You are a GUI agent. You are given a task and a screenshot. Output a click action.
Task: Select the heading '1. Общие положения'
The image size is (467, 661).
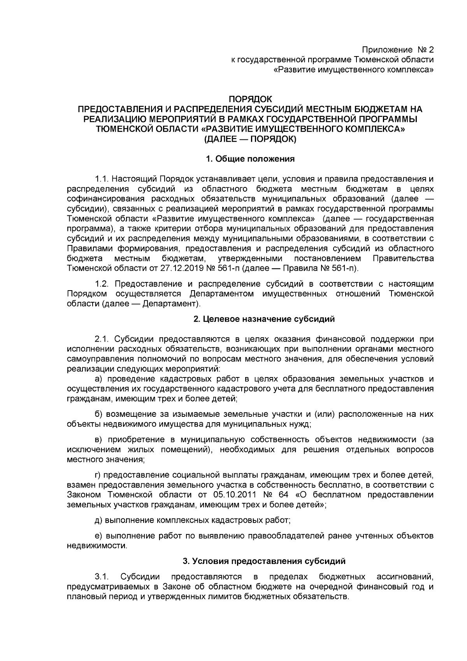pyautogui.click(x=250, y=159)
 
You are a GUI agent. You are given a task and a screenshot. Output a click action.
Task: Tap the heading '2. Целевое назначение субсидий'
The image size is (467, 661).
pyautogui.click(x=264, y=319)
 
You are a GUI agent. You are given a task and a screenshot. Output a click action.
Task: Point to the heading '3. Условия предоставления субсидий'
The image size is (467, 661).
pyautogui.click(x=264, y=561)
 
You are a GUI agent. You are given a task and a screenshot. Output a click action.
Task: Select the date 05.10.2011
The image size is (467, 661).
pyautogui.click(x=233, y=495)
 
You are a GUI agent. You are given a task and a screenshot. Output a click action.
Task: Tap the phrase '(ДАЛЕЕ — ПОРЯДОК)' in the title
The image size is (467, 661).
pyautogui.click(x=250, y=139)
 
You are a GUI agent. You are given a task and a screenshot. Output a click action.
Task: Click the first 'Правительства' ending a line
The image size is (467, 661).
pyautogui.click(x=403, y=259)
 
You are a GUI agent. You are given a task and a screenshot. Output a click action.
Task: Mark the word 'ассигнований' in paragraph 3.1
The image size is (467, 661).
pyautogui.click(x=405, y=576)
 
